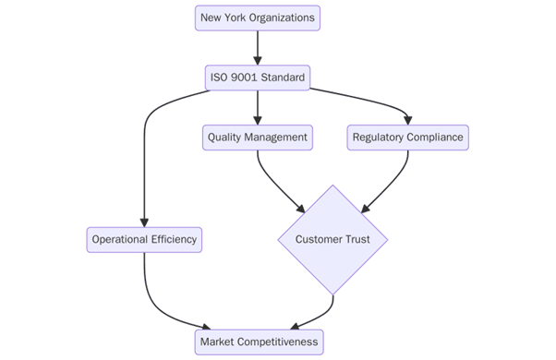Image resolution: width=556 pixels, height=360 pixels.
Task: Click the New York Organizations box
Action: pos(258,18)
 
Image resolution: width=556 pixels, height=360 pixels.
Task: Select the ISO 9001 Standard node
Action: pos(258,78)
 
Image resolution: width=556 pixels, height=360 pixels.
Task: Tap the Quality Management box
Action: pos(258,138)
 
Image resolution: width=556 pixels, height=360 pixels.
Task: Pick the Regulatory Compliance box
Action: pos(408,138)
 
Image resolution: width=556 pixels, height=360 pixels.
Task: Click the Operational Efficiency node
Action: pos(144,240)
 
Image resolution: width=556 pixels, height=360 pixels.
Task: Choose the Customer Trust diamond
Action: pos(332,240)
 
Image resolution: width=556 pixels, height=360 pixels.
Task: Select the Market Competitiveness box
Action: pos(260,342)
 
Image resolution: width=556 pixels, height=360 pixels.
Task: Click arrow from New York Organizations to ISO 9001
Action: pos(258,47)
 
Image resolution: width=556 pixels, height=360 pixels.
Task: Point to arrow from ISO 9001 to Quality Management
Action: pos(258,107)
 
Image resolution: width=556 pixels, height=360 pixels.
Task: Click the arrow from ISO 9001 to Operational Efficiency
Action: pos(145,157)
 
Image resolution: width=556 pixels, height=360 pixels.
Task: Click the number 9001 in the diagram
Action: pos(245,78)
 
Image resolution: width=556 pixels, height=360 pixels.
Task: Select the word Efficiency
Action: pos(171,240)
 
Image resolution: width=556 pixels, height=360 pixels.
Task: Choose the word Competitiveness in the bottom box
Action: pos(276,342)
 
